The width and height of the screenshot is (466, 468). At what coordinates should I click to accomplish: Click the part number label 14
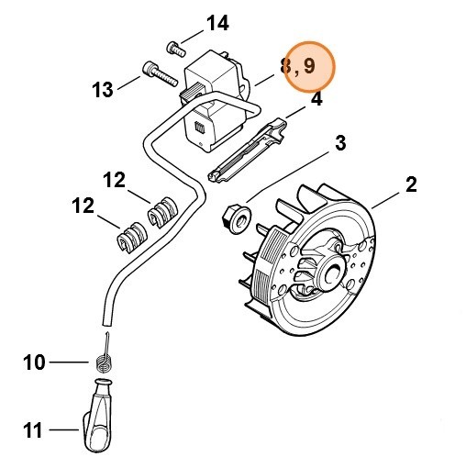pyautogui.click(x=218, y=22)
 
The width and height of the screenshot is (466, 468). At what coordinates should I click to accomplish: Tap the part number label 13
pyautogui.click(x=103, y=89)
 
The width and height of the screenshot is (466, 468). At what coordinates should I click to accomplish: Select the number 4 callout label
pyautogui.click(x=316, y=99)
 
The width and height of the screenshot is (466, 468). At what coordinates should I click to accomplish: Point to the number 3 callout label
pyautogui.click(x=339, y=142)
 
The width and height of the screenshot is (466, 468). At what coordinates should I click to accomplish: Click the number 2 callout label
pyautogui.click(x=412, y=184)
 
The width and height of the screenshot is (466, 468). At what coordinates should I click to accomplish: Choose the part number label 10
pyautogui.click(x=34, y=362)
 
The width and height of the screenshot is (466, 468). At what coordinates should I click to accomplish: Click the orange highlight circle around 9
pyautogui.click(x=309, y=67)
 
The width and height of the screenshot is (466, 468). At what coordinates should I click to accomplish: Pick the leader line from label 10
pyautogui.click(x=72, y=362)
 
